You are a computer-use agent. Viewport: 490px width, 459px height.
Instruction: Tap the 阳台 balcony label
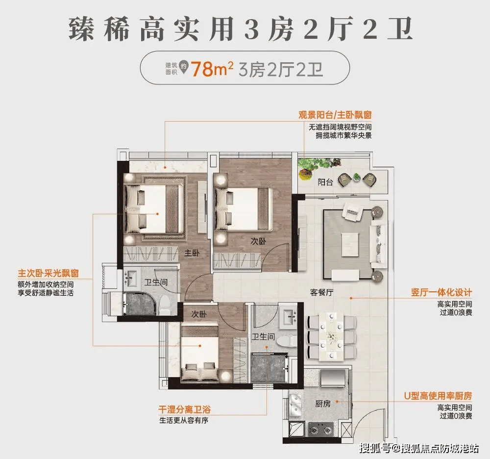click(325, 182)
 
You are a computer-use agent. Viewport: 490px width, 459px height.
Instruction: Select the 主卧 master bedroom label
click(192, 253)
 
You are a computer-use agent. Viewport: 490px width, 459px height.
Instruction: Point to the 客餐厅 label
click(322, 293)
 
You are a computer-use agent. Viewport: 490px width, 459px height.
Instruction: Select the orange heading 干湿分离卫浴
click(181, 409)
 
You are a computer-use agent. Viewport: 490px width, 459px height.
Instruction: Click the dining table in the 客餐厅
click(331, 337)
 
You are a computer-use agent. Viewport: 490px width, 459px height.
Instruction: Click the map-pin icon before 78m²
click(185, 70)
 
